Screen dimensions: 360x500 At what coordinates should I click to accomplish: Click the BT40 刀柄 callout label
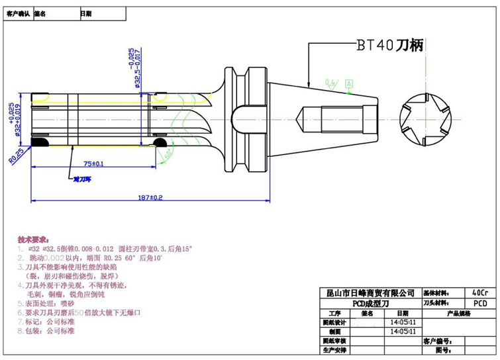point(389,45)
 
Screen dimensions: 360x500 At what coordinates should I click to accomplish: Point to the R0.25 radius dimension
point(16,157)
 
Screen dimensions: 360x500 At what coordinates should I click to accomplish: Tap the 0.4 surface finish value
point(330,82)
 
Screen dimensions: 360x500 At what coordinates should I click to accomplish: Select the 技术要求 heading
point(32,238)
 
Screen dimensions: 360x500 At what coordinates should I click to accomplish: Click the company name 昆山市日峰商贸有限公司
point(366,292)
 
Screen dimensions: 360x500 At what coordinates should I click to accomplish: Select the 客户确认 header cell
point(18,13)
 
